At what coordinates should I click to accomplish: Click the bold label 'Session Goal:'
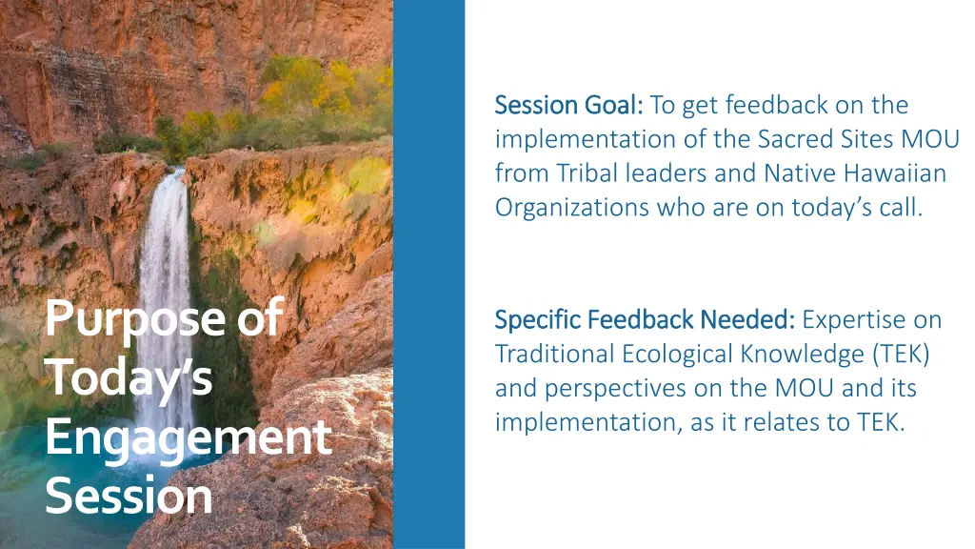pyautogui.click(x=569, y=105)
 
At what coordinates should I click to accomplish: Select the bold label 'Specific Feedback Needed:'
pyautogui.click(x=646, y=319)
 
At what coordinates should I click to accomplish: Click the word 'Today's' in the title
pyautogui.click(x=129, y=377)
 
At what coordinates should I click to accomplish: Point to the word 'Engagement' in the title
pyautogui.click(x=187, y=437)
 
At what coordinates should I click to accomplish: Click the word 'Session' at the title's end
pyautogui.click(x=129, y=497)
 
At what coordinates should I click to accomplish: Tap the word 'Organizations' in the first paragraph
pyautogui.click(x=571, y=208)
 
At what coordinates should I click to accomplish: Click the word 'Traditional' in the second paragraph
pyautogui.click(x=555, y=354)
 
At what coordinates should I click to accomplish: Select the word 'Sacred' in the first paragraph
pyautogui.click(x=799, y=139)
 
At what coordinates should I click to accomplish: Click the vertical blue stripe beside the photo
pyautogui.click(x=428, y=274)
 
